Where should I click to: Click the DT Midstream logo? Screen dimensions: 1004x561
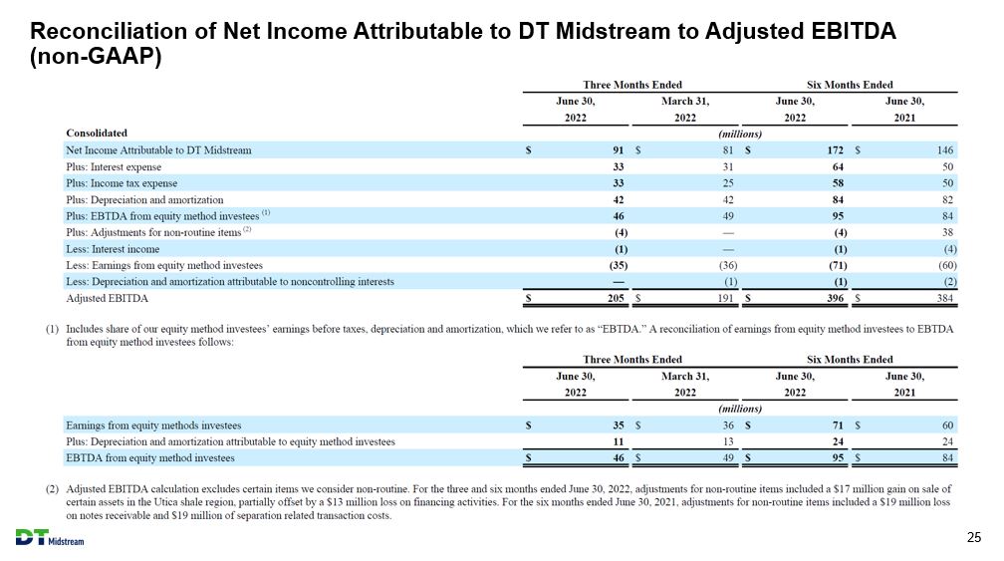point(50,538)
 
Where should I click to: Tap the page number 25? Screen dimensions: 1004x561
point(973,537)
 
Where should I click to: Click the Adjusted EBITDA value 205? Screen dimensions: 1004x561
point(616,298)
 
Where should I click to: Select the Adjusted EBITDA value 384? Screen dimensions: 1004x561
point(945,298)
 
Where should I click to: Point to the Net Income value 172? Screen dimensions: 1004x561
point(835,149)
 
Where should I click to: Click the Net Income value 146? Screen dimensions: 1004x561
point(945,149)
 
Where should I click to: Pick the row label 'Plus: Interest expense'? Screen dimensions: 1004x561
point(114,166)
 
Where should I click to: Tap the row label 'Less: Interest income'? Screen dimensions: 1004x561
point(113,249)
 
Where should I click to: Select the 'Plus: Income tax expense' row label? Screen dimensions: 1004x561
point(122,183)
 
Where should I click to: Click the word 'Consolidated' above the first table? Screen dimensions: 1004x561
point(97,133)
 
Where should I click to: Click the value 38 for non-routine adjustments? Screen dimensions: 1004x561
point(947,232)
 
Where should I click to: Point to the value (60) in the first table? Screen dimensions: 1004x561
point(947,265)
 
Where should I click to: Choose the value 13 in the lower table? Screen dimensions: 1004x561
point(728,441)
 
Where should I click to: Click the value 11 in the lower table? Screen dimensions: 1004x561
point(618,441)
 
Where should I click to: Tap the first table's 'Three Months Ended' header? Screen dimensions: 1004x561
point(631,85)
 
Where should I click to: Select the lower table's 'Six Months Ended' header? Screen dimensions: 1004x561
point(850,360)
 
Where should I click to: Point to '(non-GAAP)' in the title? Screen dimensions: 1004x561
point(96,57)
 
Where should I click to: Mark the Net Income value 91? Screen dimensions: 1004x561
point(618,149)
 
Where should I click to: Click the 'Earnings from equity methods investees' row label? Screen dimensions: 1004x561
point(153,425)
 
